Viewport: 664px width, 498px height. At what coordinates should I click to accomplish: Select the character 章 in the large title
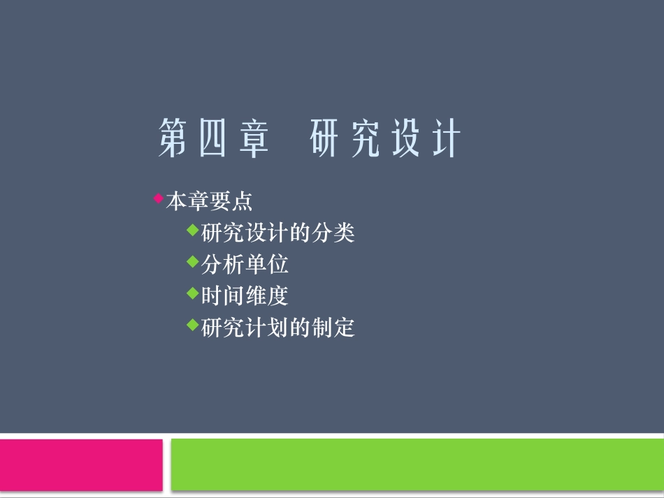click(x=253, y=138)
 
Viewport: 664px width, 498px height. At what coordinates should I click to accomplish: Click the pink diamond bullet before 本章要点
click(x=158, y=198)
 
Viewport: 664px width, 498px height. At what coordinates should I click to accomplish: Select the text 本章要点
click(x=209, y=202)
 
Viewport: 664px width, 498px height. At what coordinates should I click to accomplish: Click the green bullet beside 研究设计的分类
click(x=193, y=229)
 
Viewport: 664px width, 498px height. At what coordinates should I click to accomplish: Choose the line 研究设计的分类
click(x=278, y=233)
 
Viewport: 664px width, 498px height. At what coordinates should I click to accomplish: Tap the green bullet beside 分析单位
click(x=193, y=261)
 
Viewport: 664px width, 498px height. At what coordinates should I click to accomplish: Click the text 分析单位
click(x=245, y=265)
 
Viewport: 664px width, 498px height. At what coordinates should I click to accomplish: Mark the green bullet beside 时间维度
click(x=193, y=293)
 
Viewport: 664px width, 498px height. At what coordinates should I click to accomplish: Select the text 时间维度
click(x=245, y=296)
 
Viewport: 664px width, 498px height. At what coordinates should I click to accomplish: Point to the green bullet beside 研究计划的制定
click(x=193, y=324)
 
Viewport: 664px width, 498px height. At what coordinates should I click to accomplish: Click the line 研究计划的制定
click(x=278, y=328)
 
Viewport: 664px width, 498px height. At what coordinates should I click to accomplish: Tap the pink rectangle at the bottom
click(x=81, y=464)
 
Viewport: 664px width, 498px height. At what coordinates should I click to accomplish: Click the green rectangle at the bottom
click(x=417, y=464)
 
